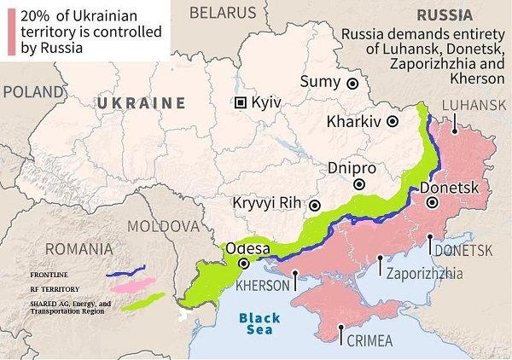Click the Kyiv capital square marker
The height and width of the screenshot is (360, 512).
click(241, 102)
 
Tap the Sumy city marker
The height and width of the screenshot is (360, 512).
click(352, 83)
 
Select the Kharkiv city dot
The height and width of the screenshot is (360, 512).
click(393, 122)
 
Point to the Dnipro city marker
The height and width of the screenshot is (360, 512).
click(360, 184)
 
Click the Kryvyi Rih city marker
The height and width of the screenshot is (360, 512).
click(315, 205)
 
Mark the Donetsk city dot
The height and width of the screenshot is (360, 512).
click(433, 203)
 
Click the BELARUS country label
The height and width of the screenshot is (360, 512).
click(222, 12)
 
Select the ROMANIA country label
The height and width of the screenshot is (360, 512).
click(79, 249)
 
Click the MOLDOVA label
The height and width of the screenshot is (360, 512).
click(161, 226)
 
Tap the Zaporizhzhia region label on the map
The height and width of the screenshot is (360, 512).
click(424, 274)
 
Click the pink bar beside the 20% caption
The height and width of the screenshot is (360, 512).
click(11, 30)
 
